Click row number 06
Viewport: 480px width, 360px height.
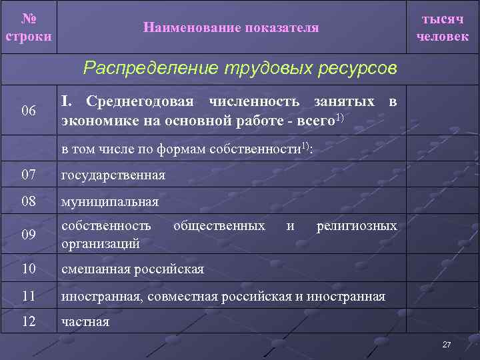point(29,110)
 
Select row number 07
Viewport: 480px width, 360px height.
point(29,175)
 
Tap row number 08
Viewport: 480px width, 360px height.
point(29,201)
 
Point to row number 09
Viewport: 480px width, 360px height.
point(29,235)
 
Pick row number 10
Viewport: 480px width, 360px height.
point(29,269)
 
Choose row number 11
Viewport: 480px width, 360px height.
point(29,295)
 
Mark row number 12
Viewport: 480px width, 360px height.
point(29,322)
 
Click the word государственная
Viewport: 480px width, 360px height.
point(113,176)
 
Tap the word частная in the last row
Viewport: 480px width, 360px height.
point(85,323)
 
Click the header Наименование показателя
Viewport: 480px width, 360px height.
point(231,27)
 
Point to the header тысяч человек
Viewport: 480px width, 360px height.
point(442,27)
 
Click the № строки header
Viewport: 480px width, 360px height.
point(28,27)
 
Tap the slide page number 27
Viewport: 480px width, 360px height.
point(447,345)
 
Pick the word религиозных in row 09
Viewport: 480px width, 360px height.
point(357,226)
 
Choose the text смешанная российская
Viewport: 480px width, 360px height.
point(133,269)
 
